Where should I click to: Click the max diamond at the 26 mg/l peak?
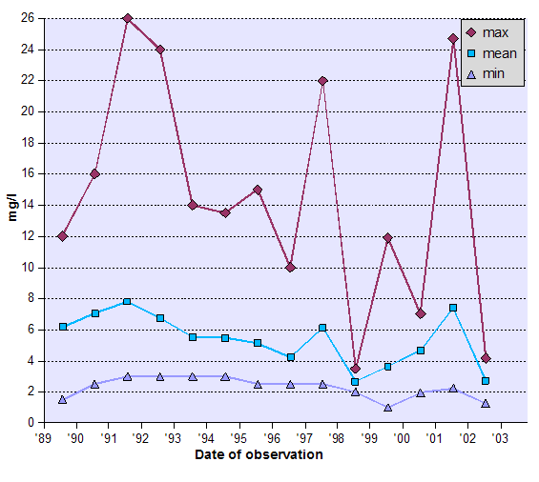pyautogui.click(x=127, y=19)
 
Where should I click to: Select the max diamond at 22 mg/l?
pyautogui.click(x=322, y=81)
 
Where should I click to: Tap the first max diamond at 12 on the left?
pyautogui.click(x=62, y=236)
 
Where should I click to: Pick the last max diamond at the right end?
pyautogui.click(x=486, y=358)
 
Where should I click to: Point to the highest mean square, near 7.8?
pyautogui.click(x=127, y=301)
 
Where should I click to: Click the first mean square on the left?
pyautogui.click(x=62, y=327)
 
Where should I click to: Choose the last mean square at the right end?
pyautogui.click(x=486, y=381)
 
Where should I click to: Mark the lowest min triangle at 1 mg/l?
pyautogui.click(x=387, y=408)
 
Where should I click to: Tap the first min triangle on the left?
pyautogui.click(x=62, y=400)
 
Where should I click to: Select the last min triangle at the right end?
pyautogui.click(x=486, y=404)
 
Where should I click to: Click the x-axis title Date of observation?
pyautogui.click(x=259, y=454)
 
